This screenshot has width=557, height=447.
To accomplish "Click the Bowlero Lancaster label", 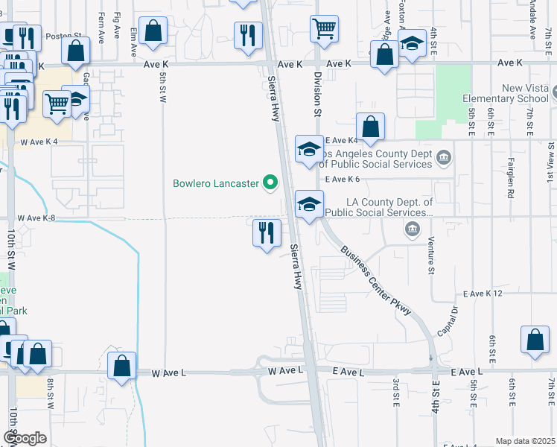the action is coord(215,183).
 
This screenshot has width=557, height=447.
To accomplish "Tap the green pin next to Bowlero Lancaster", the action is coord(271,183).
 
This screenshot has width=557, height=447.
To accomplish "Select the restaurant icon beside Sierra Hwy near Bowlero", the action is coord(266,233).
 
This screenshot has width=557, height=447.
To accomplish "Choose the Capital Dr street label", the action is coord(448,321).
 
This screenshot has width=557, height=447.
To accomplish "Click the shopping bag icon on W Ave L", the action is coord(122,367).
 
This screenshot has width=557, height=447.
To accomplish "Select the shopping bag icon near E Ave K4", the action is coord(370,127).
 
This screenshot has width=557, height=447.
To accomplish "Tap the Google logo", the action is coord(24,437).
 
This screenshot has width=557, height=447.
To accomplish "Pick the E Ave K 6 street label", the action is coord(343,179).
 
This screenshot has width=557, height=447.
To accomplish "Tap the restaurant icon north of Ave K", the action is coord(248,35).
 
